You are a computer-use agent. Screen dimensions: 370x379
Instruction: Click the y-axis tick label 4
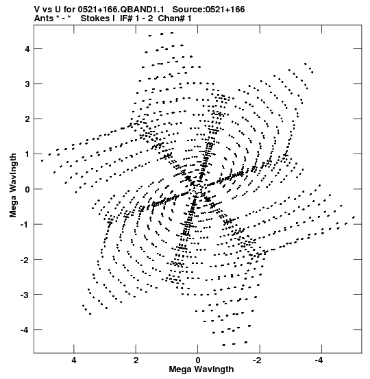click(x=27, y=49)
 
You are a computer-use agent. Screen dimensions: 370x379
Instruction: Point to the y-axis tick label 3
click(x=27, y=84)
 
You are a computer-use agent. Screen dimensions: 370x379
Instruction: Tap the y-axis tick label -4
click(x=25, y=330)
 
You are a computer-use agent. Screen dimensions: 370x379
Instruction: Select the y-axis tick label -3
click(x=25, y=295)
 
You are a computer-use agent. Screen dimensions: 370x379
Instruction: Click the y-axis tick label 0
click(x=27, y=189)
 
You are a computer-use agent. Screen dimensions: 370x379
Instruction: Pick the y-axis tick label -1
click(x=25, y=225)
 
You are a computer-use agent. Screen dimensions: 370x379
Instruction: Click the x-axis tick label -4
click(x=319, y=360)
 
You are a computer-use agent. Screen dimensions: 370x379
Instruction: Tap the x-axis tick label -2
click(x=257, y=360)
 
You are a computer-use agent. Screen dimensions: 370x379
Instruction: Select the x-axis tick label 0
click(x=198, y=360)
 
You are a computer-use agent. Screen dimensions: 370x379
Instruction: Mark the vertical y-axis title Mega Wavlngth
click(x=13, y=186)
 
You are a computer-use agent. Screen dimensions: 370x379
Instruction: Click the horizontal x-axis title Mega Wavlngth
click(x=201, y=369)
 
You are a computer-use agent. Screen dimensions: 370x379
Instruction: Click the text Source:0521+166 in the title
click(x=208, y=10)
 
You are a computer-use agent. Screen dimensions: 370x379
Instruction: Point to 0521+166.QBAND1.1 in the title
click(x=121, y=10)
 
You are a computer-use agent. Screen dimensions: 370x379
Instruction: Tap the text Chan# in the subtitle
click(x=171, y=19)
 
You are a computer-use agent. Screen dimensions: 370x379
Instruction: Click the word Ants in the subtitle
click(x=44, y=19)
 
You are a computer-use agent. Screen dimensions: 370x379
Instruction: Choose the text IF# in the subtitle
click(x=126, y=19)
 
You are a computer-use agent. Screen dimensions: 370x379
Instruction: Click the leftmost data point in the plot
click(x=42, y=161)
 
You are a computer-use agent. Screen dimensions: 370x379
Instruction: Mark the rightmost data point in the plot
click(x=354, y=217)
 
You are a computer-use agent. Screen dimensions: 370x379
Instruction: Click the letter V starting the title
click(x=37, y=10)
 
